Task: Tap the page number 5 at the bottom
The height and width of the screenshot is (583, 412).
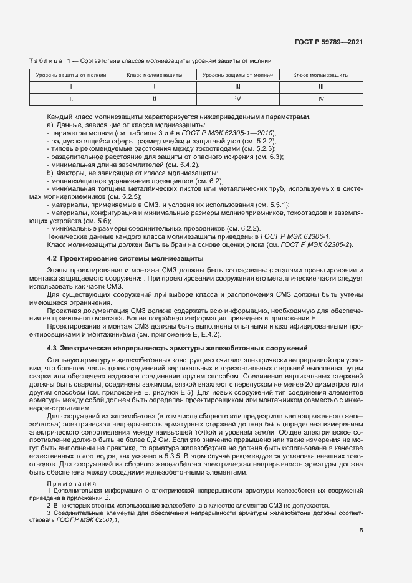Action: coord(362,531)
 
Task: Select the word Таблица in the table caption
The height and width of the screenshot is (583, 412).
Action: coord(46,60)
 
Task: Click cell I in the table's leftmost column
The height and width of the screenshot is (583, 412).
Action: coord(71,87)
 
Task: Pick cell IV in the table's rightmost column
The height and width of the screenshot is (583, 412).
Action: coord(321,99)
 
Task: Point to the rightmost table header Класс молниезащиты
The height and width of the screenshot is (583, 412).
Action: coord(321,75)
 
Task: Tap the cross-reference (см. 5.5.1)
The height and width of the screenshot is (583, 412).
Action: coord(273,205)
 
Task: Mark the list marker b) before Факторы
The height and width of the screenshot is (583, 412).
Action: coord(50,172)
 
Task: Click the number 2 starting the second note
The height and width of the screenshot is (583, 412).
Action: coord(49,505)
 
